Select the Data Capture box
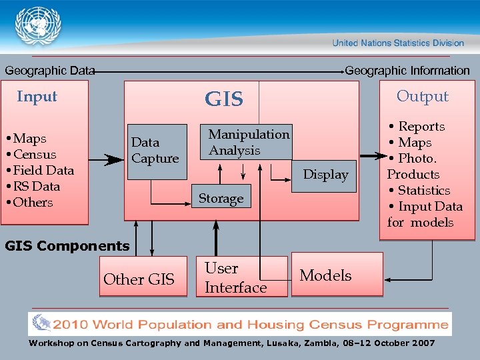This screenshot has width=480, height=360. (x=157, y=151)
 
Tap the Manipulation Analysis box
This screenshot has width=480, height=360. (x=248, y=142)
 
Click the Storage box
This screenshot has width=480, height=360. (x=221, y=198)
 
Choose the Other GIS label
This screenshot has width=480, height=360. (x=139, y=279)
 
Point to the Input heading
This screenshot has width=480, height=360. (x=37, y=96)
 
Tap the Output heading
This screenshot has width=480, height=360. (x=423, y=96)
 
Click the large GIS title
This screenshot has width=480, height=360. (x=224, y=99)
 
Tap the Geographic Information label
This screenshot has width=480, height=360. (x=407, y=71)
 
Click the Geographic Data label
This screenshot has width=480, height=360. (x=50, y=71)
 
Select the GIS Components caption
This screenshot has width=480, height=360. (x=67, y=246)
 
